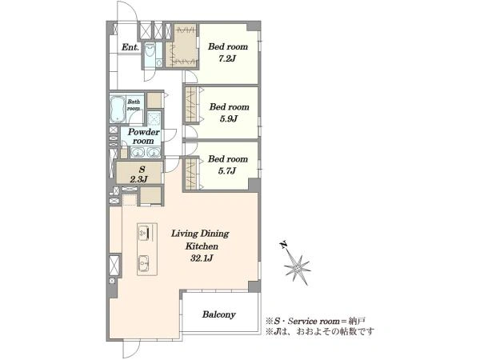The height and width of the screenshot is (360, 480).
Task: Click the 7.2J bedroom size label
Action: (x=227, y=58)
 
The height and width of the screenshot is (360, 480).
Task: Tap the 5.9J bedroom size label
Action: (x=229, y=118)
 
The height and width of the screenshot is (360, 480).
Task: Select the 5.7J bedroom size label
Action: (x=227, y=171)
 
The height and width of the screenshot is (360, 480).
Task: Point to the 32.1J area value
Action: (x=202, y=258)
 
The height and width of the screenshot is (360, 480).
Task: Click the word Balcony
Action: (x=219, y=314)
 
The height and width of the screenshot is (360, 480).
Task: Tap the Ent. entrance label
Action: (x=130, y=47)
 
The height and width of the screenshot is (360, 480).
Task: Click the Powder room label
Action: (x=143, y=136)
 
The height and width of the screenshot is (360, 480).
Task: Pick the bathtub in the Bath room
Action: (x=118, y=108)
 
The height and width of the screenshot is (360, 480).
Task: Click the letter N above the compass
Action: (x=284, y=245)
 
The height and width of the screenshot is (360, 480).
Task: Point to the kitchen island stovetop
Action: (x=144, y=233)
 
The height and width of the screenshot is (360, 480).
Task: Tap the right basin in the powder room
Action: (x=153, y=152)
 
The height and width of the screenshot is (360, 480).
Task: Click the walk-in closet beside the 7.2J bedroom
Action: (x=182, y=46)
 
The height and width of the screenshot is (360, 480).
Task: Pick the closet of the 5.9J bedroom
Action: (x=192, y=105)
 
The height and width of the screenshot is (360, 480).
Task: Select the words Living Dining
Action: (x=200, y=234)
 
